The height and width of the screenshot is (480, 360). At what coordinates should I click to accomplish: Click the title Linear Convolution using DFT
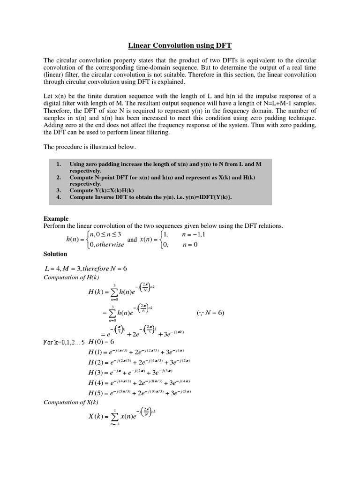[180, 45]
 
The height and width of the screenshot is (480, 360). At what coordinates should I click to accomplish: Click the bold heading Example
[56, 218]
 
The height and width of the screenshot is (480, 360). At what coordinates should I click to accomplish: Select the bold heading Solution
[55, 254]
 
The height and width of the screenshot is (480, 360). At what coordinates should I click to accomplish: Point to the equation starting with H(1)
[138, 352]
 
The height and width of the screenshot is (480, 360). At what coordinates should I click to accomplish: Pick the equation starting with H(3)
[136, 372]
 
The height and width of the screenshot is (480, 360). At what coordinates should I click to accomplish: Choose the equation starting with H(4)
[139, 382]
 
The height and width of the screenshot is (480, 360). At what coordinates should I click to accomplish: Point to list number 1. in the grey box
[59, 165]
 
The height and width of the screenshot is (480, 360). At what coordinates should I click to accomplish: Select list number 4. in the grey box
[59, 197]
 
